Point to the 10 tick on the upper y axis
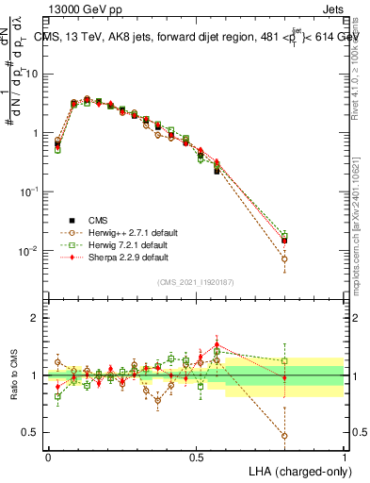[33, 74]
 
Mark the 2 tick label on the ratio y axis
[36, 318]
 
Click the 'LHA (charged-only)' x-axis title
[295, 472]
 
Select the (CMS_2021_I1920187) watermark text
[196, 282]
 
